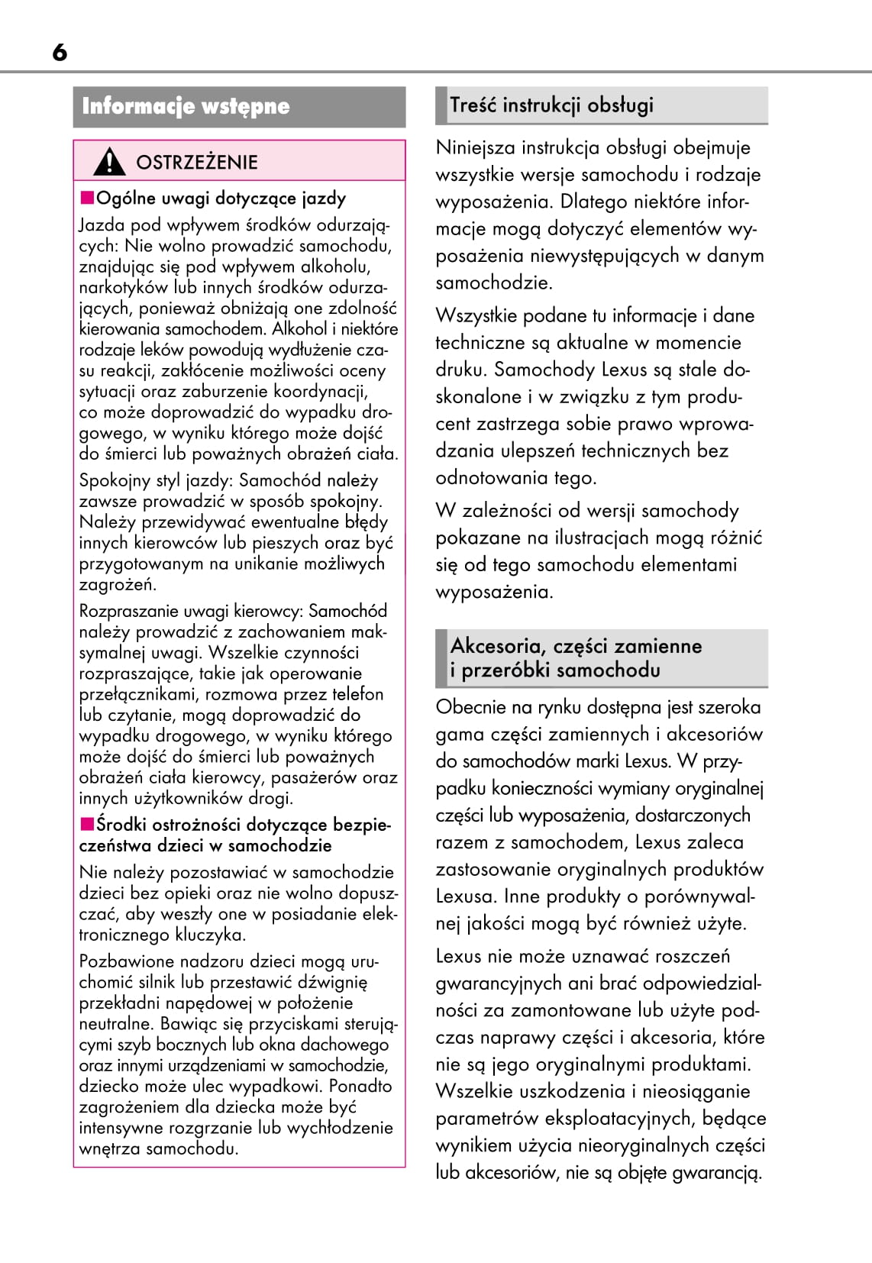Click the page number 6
pyautogui.click(x=60, y=52)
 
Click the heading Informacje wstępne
pyautogui.click(x=186, y=106)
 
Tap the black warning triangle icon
pyautogui.click(x=110, y=161)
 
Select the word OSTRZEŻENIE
pyautogui.click(x=197, y=162)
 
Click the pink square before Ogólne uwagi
pyautogui.click(x=87, y=199)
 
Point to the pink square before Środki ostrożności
pyautogui.click(x=87, y=824)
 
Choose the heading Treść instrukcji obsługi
pyautogui.click(x=551, y=105)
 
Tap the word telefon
pyautogui.click(x=358, y=694)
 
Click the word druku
pyautogui.click(x=460, y=370)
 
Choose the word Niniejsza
pyautogui.click(x=473, y=147)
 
